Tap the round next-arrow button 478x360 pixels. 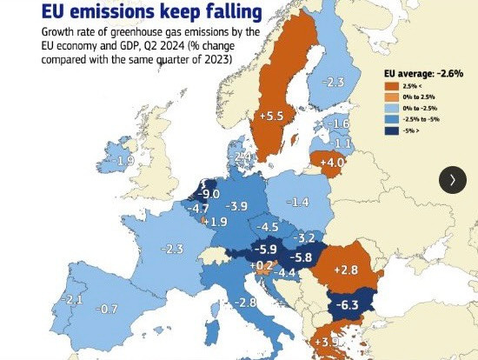(x=452, y=179)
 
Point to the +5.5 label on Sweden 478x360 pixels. (x=272, y=115)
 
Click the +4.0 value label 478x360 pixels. (x=333, y=163)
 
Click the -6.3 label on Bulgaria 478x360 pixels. (x=348, y=304)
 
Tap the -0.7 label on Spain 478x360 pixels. (x=107, y=309)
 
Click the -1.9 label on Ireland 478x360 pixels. (x=124, y=161)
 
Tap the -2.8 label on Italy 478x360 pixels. (x=246, y=302)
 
